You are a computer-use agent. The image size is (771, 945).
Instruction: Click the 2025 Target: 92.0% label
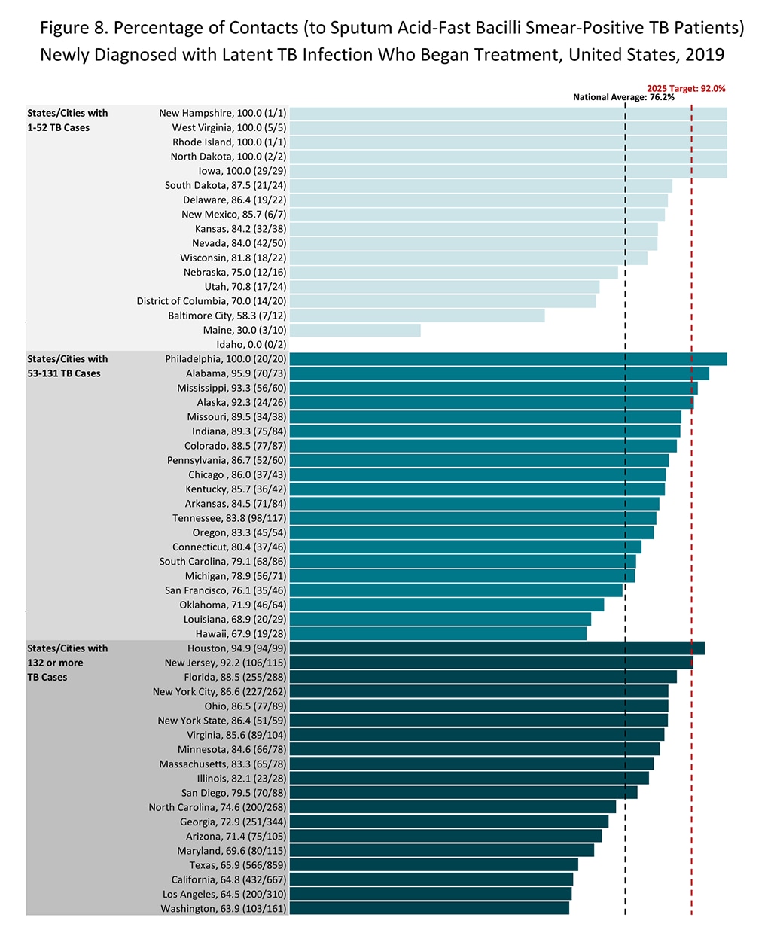point(686,89)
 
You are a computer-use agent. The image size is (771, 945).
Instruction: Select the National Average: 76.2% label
point(623,97)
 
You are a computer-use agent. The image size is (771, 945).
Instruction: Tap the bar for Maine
point(355,331)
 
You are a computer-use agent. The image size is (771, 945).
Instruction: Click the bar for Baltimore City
point(417,316)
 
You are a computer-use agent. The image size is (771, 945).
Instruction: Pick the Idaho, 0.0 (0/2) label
point(251,345)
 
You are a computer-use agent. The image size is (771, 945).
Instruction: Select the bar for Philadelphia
point(508,359)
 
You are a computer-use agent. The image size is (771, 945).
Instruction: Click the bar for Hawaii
point(437,634)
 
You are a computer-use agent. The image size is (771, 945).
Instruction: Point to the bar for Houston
point(497,648)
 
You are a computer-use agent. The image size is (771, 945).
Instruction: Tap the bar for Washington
point(429,909)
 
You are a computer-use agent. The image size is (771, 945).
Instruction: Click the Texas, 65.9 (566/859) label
point(237,865)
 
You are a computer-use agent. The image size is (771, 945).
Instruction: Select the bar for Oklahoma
point(446,605)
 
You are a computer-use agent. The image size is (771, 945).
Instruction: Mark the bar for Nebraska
point(453,273)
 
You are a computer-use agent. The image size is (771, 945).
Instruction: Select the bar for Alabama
point(499,373)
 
